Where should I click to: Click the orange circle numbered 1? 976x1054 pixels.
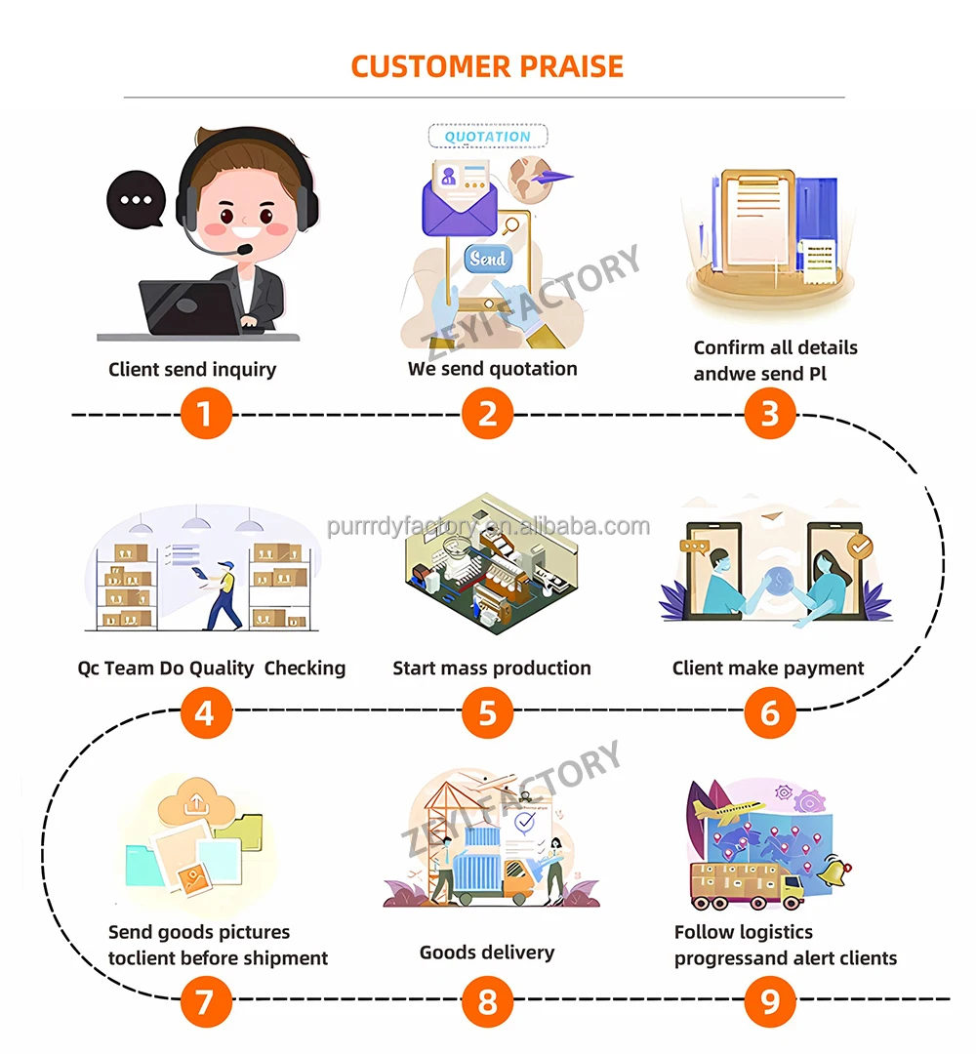[x=205, y=414]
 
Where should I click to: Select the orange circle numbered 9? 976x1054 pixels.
[x=770, y=1000]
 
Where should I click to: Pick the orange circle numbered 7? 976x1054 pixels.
[x=205, y=1000]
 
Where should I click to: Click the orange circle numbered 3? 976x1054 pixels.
[x=770, y=414]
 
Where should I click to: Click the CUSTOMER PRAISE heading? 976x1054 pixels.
[x=487, y=66]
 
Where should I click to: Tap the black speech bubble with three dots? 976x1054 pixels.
[x=136, y=200]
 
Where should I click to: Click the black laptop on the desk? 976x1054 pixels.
[x=190, y=307]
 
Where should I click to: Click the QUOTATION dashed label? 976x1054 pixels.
[x=488, y=137]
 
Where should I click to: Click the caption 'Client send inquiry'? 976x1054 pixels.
[x=192, y=369]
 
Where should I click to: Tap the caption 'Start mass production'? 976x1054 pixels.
[x=492, y=669]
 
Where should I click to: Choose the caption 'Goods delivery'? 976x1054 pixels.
[x=487, y=952]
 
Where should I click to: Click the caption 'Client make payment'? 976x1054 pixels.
[x=768, y=669]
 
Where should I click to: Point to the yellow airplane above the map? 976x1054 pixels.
[x=727, y=809]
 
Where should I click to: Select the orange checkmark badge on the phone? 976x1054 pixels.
[x=857, y=547]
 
